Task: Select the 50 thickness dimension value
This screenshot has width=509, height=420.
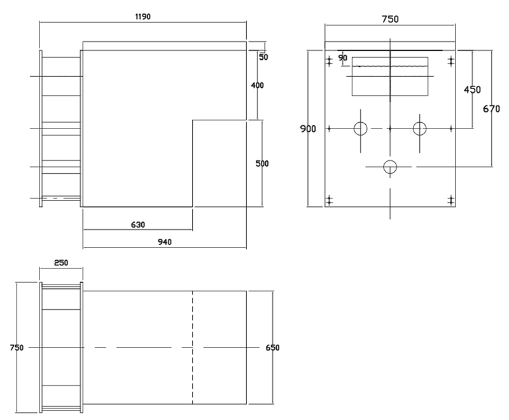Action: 263,57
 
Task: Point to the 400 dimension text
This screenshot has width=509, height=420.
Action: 257,85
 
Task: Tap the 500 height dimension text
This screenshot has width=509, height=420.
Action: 261,164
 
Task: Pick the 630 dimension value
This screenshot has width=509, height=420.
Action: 138,225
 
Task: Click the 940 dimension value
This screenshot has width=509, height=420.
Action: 165,241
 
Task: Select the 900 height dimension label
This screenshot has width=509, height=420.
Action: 308,129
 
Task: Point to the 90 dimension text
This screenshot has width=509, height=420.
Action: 343,58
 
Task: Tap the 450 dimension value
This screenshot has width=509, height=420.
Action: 472,90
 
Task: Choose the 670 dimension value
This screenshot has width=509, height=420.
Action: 491,109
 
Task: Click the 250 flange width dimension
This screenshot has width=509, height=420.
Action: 60,263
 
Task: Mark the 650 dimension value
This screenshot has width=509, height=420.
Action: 272,347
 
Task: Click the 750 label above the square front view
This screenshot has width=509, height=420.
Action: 389,19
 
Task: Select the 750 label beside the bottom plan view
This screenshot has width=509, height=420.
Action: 17,347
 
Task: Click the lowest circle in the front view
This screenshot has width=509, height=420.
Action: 390,167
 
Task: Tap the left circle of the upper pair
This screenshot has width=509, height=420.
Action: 361,129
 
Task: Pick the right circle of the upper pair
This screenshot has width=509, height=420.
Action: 419,129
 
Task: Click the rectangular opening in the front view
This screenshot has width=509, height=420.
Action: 389,76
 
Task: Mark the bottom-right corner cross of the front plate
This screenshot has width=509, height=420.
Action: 451,200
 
